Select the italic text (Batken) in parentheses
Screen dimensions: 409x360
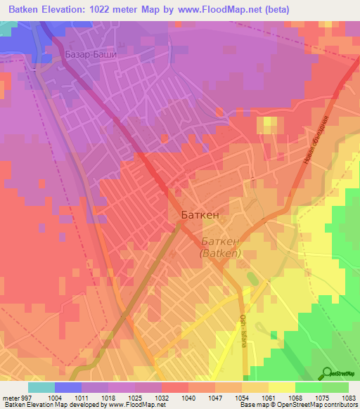click(x=221, y=253)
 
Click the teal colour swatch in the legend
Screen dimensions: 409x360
click(x=41, y=387)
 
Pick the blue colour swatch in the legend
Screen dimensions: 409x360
click(x=68, y=387)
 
